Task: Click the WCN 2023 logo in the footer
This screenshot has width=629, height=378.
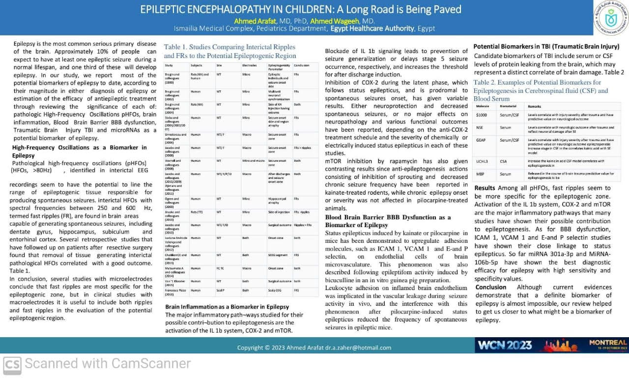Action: [x=504, y=345]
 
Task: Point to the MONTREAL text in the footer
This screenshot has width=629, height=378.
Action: [x=608, y=342]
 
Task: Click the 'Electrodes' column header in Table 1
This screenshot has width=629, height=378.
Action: [x=250, y=65]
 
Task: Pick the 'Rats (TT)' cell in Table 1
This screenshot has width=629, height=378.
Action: [x=197, y=212]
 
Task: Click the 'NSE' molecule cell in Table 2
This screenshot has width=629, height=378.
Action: [x=480, y=127]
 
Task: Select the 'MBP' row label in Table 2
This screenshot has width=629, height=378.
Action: [x=480, y=174]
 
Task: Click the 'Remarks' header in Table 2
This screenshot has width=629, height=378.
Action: [x=534, y=106]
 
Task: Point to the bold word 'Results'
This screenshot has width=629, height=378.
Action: [x=485, y=188]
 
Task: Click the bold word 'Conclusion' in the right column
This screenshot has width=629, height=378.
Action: [x=491, y=287]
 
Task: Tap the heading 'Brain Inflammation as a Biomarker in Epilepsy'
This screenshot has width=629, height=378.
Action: [x=227, y=307]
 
